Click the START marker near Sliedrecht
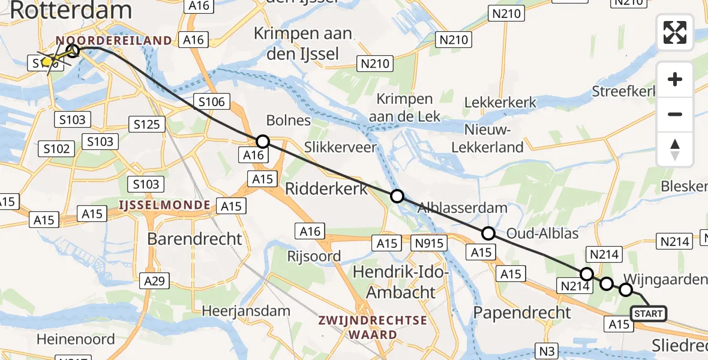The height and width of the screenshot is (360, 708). click(648, 314)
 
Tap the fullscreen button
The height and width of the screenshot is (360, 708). click(675, 32)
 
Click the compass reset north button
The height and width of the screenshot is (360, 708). click(675, 149)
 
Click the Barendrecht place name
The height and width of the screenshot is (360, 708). click(195, 239)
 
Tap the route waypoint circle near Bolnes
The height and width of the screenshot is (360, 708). click(262, 142)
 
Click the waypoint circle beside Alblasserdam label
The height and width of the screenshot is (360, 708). click(397, 196)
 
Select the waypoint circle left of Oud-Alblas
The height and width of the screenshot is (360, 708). click(488, 233)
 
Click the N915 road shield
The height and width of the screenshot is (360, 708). click(430, 243)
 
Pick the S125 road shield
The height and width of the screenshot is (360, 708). click(147, 124)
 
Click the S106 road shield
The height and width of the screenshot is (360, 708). click(212, 101)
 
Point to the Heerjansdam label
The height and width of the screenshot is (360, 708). click(246, 311)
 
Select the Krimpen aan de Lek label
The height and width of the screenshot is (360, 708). click(405, 107)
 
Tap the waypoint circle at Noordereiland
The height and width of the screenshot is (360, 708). click(73, 50)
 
